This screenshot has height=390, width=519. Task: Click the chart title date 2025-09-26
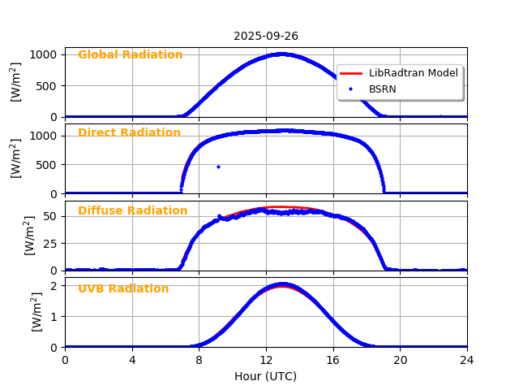(x=266, y=36)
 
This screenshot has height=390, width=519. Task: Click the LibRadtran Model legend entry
(x=413, y=73)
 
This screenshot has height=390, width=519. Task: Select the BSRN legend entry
(x=382, y=89)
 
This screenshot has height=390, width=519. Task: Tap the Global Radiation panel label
(x=130, y=55)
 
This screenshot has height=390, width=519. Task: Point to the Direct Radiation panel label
(x=129, y=133)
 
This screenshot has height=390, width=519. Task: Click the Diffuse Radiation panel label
(x=132, y=211)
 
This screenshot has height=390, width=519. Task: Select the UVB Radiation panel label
(x=123, y=289)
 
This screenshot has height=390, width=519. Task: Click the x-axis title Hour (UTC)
(x=266, y=376)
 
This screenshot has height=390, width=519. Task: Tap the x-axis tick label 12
(x=266, y=359)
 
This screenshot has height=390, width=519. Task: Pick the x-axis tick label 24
(x=467, y=359)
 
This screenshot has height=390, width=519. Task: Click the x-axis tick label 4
(x=132, y=359)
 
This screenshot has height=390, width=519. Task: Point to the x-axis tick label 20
(x=400, y=359)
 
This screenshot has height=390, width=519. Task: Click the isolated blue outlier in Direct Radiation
(x=218, y=167)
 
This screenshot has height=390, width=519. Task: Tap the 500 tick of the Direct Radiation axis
(x=47, y=165)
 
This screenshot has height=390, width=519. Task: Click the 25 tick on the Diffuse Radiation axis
(x=50, y=243)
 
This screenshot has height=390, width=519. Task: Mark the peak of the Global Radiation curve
(x=281, y=54)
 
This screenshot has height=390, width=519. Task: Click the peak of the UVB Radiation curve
(x=281, y=284)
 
